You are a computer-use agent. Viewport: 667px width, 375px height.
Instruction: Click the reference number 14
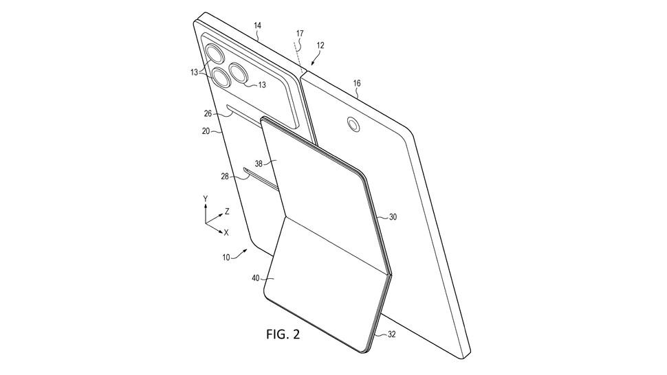(x=257, y=26)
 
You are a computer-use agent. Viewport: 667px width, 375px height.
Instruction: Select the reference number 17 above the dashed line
(x=300, y=33)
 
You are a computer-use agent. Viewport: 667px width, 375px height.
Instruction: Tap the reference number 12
(x=320, y=45)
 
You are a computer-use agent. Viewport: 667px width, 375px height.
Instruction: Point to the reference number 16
(x=357, y=83)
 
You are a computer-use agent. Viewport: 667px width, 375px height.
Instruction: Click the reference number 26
(x=208, y=113)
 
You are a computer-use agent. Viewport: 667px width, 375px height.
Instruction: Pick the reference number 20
(x=206, y=131)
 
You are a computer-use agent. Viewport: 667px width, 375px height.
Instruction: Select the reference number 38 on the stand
(x=259, y=163)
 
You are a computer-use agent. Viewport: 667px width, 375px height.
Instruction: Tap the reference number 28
(x=225, y=176)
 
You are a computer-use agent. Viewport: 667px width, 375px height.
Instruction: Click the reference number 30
(x=393, y=217)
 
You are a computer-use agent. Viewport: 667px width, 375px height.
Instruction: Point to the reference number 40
(x=256, y=278)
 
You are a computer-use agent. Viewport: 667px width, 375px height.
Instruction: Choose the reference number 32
(x=392, y=334)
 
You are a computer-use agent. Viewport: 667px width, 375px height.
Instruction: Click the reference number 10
(x=226, y=258)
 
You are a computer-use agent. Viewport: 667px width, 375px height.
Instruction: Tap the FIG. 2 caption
(x=283, y=334)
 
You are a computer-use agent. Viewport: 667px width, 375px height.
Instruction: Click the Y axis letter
(x=206, y=198)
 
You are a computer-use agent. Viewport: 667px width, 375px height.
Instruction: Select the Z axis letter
(x=228, y=211)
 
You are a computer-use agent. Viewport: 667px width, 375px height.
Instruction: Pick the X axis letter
(x=226, y=233)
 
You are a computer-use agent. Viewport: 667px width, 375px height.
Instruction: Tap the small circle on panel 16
(x=353, y=124)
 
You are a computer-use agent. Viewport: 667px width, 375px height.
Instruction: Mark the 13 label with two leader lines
(x=195, y=73)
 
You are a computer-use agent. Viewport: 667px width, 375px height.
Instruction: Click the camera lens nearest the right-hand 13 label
(x=239, y=73)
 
